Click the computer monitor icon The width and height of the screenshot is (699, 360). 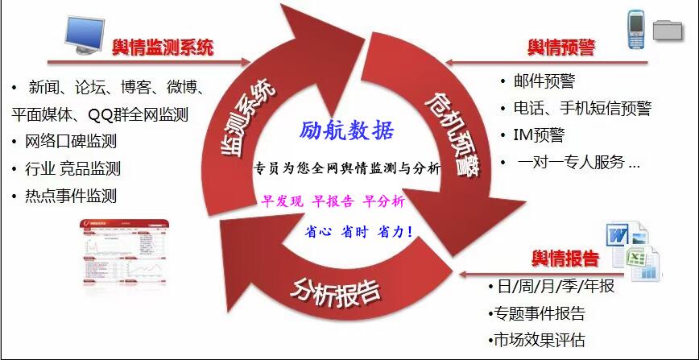(85, 35)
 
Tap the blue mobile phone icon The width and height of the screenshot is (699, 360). (636, 30)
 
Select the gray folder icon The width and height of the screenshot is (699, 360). (668, 31)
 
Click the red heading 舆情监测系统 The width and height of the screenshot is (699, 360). (163, 47)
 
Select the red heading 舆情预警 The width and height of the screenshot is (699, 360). (561, 47)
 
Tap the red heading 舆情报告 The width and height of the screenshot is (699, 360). (565, 259)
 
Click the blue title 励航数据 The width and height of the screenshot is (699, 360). (347, 131)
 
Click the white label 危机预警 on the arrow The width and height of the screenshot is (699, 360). (453, 133)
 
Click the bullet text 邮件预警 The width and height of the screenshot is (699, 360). (544, 81)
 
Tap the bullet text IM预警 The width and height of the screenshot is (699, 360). (539, 134)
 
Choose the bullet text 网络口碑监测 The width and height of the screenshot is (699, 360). (71, 142)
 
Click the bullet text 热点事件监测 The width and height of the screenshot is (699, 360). (71, 196)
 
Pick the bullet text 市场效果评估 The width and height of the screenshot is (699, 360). (540, 340)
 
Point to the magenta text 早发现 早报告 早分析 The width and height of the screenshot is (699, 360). (333, 201)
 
